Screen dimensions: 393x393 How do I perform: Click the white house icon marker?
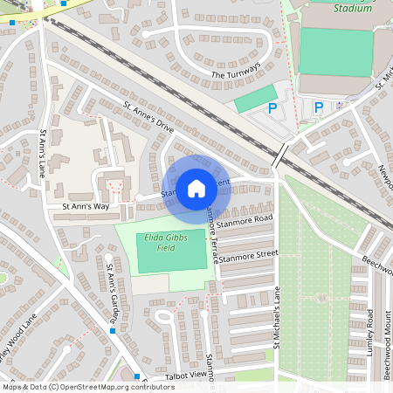click(x=196, y=188)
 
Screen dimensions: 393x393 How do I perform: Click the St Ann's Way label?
click(x=85, y=207)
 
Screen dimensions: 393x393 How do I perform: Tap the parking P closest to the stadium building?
click(x=319, y=107)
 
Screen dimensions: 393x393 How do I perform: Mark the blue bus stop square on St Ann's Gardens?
click(x=113, y=331)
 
